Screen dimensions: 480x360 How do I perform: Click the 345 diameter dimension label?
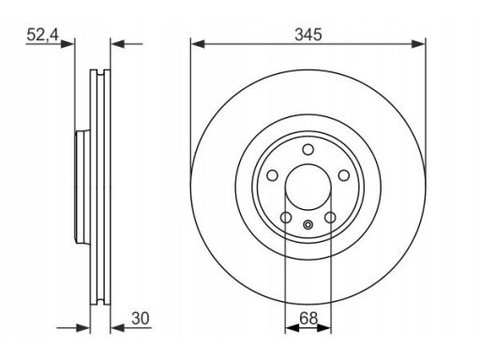[308, 35]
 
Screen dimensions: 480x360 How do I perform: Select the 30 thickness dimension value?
[141, 318]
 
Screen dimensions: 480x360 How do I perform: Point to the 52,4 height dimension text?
[43, 35]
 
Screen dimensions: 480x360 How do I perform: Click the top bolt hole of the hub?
[308, 149]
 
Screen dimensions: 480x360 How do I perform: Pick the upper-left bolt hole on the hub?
[272, 175]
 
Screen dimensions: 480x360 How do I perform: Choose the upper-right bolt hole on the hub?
[344, 175]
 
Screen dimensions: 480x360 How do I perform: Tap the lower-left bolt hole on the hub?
[286, 217]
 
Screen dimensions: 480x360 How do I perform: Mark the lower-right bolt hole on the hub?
[330, 217]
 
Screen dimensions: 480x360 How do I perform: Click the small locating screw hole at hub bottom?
[308, 224]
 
